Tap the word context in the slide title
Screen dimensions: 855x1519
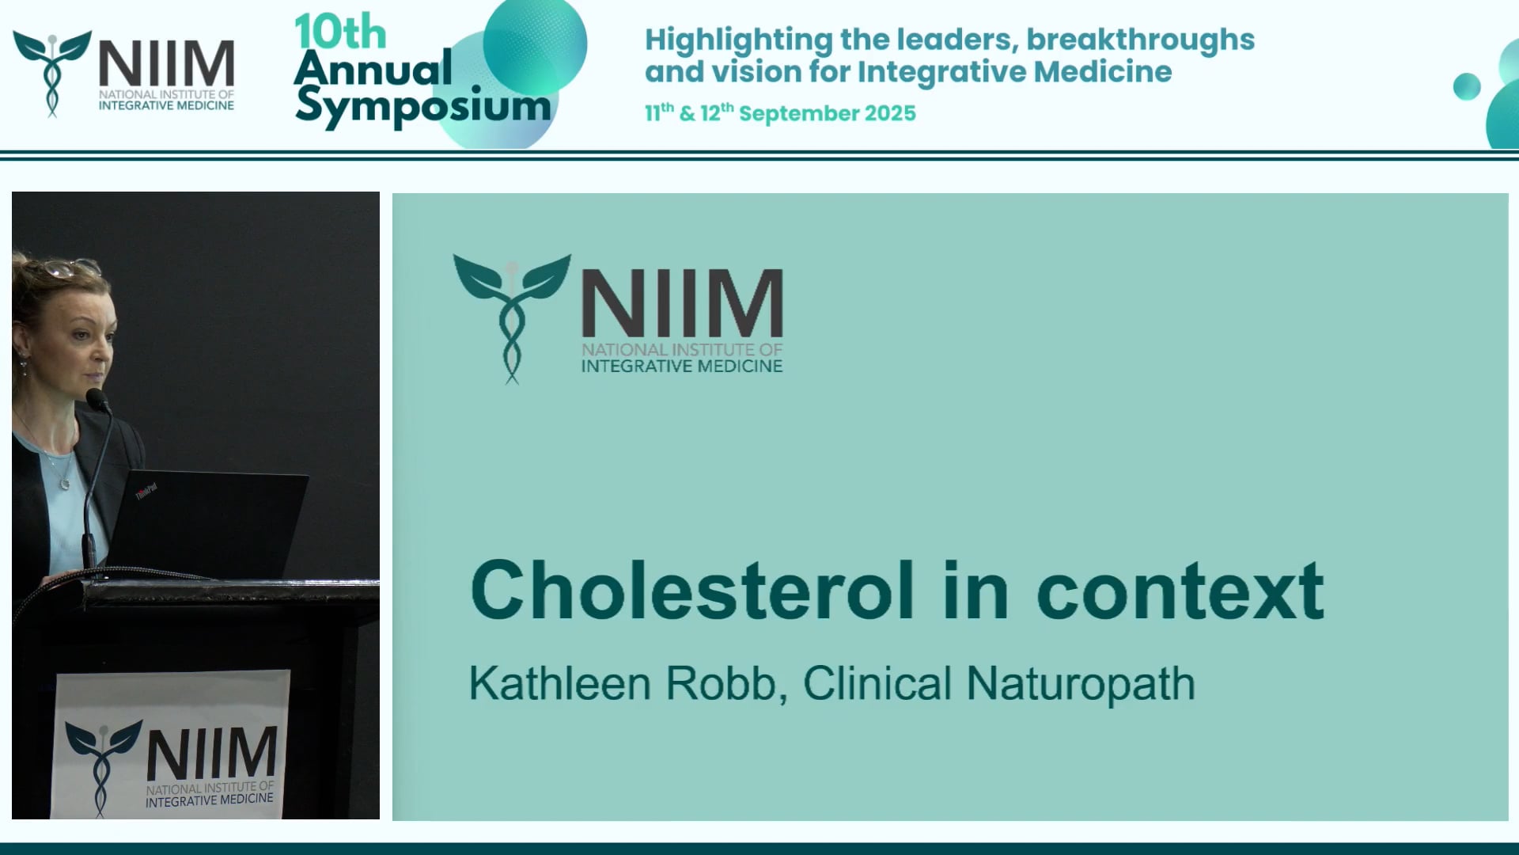coord(1180,591)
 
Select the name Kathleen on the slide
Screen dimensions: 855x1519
coord(559,683)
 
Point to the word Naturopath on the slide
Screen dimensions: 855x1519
coord(1080,685)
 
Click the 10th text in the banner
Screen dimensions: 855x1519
coord(340,33)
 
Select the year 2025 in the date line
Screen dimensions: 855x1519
coord(890,113)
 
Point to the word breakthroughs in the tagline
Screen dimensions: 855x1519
coord(1140,40)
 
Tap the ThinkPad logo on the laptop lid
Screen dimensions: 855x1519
coord(146,492)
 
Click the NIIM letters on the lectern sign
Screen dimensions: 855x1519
coord(211,754)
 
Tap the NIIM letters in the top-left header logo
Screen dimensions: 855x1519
coord(166,64)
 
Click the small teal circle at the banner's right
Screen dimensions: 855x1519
coord(1466,86)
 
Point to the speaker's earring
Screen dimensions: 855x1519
coord(24,367)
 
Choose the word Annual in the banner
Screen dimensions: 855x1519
coord(373,69)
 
